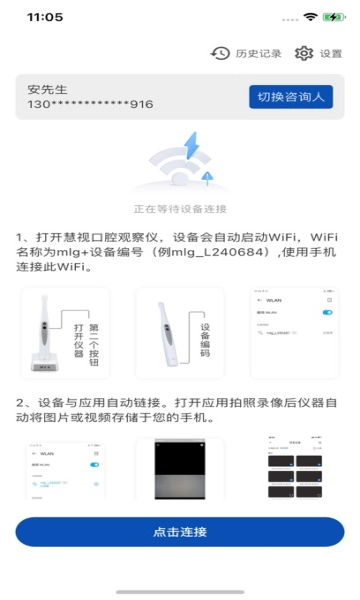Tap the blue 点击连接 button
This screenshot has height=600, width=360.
pyautogui.click(x=180, y=531)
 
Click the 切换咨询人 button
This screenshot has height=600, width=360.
pyautogui.click(x=290, y=96)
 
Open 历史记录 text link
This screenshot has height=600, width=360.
pyautogui.click(x=257, y=54)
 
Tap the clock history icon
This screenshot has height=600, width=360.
pyautogui.click(x=220, y=54)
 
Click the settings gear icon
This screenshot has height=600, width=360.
pyautogui.click(x=304, y=54)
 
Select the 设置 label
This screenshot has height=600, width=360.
pyautogui.click(x=331, y=54)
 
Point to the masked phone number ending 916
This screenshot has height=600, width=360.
pyautogui.click(x=90, y=104)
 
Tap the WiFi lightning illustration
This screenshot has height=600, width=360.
pyautogui.click(x=180, y=164)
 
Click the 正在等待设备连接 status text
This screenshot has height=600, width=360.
pyautogui.click(x=180, y=209)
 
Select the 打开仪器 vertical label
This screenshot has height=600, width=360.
pyautogui.click(x=78, y=340)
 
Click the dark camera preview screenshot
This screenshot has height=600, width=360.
pyautogui.click(x=180, y=470)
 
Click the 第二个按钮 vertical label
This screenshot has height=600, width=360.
pyautogui.click(x=94, y=340)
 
